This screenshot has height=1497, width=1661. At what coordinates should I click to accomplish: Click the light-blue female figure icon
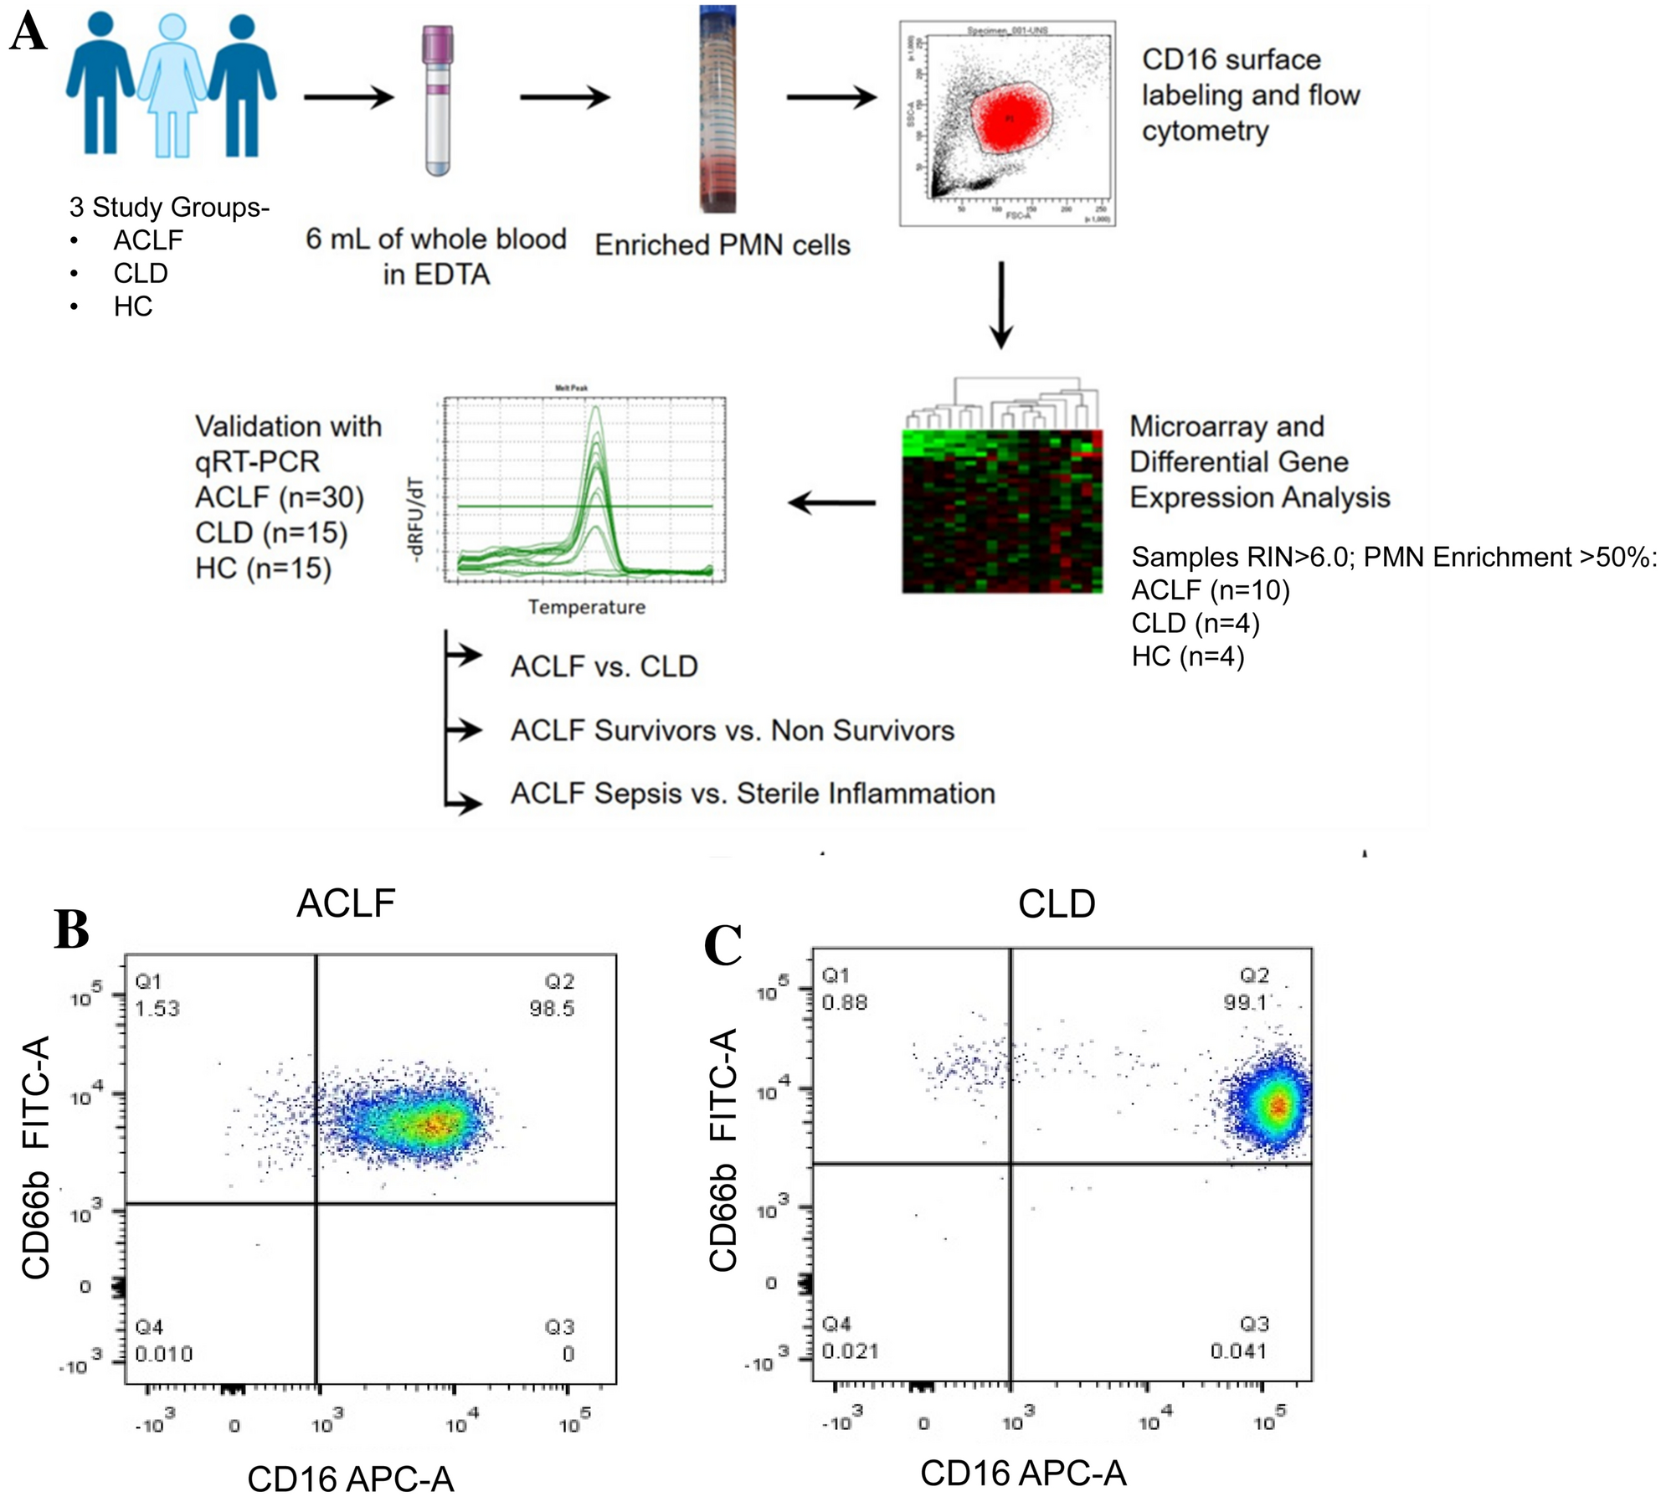pos(172,84)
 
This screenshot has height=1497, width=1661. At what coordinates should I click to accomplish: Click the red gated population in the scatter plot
pos(1009,119)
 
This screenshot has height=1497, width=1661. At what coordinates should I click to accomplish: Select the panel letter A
pos(28,34)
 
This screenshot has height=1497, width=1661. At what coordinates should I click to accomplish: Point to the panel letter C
pos(723,945)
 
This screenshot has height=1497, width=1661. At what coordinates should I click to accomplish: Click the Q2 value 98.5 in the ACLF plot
pos(552,1008)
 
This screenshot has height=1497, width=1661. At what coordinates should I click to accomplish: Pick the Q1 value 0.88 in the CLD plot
pos(845,1002)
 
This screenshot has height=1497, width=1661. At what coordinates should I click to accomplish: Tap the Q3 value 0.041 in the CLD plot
pos(1238,1350)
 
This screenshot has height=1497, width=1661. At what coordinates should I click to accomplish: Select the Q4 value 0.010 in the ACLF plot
pos(164,1354)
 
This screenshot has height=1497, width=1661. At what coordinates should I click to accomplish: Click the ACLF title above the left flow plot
pos(346,903)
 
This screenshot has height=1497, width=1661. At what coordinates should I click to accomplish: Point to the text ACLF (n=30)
pos(280,497)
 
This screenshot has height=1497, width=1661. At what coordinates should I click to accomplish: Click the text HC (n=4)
pos(1188,656)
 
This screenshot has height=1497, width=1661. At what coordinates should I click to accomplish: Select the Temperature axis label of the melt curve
pos(586,607)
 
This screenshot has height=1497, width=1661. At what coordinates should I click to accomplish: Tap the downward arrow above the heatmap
pos(1001,306)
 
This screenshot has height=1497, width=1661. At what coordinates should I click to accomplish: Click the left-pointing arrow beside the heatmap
pos(832,503)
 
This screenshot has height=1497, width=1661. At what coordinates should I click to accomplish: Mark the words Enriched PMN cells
pos(723,245)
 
